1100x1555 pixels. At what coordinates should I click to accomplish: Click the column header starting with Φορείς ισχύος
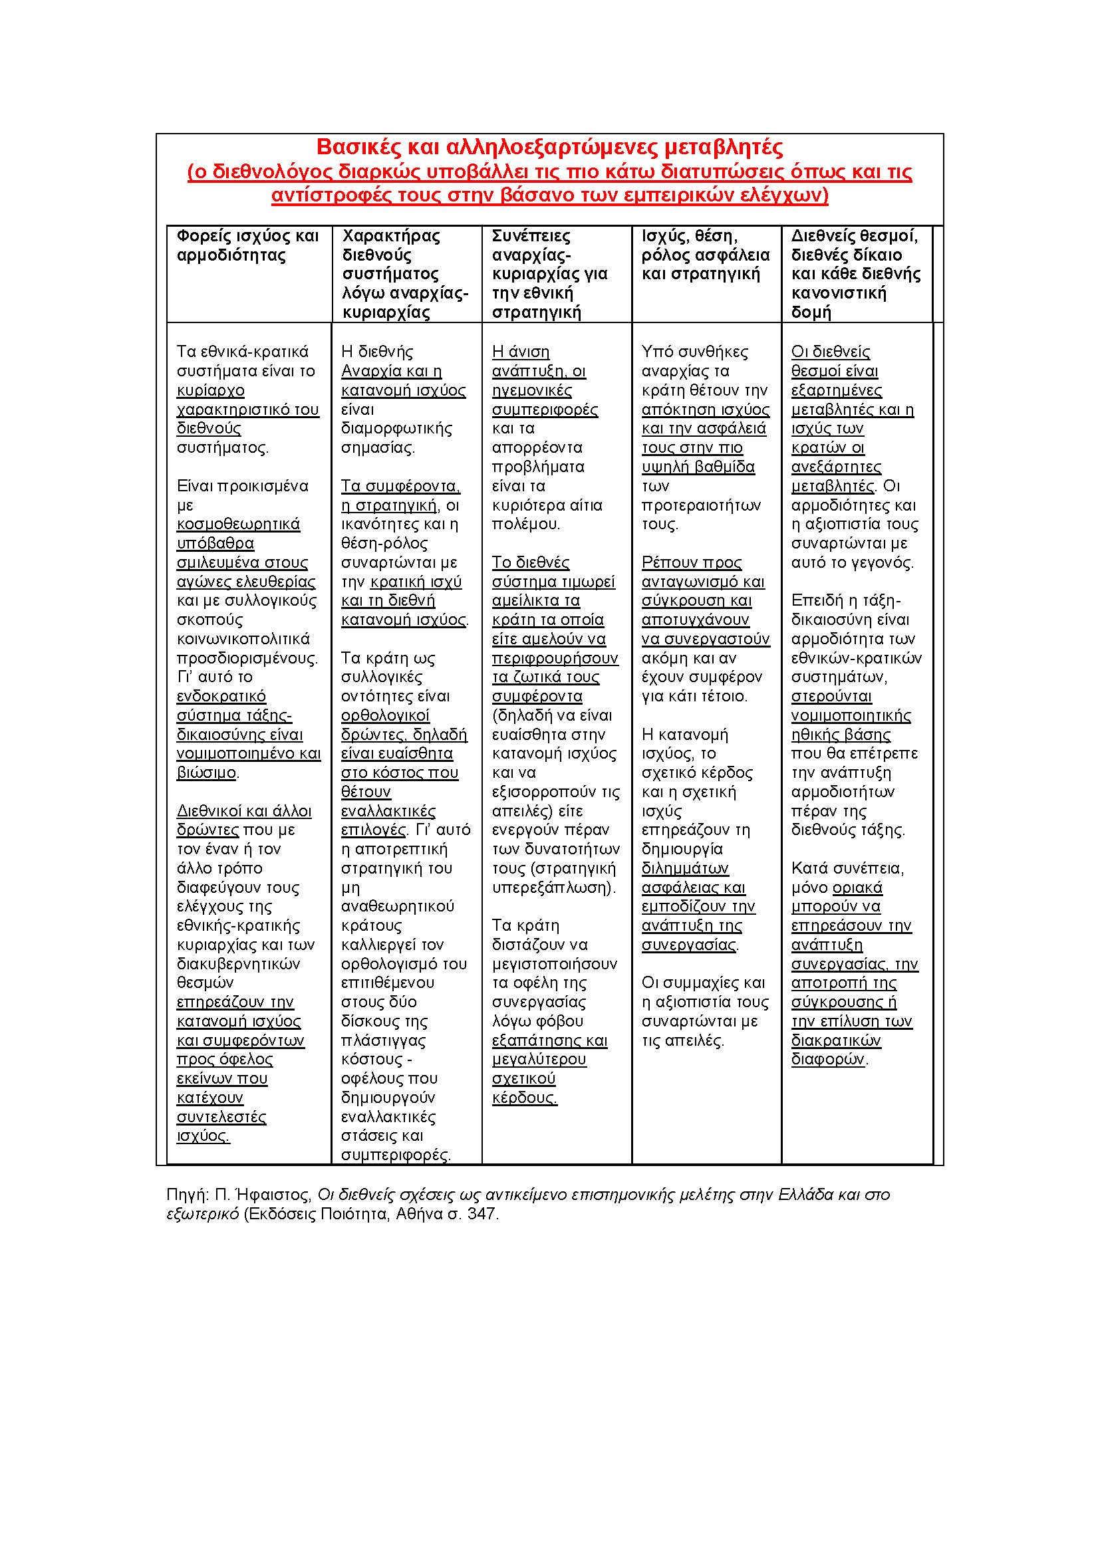(247, 245)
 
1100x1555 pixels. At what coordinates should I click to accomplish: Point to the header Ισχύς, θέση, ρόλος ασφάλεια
(705, 255)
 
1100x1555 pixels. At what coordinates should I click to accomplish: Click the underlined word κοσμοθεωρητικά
(239, 524)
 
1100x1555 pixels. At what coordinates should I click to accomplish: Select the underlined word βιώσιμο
(206, 773)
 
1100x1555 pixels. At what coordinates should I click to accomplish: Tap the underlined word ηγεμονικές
(532, 391)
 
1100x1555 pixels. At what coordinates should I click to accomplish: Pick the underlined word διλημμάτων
(685, 868)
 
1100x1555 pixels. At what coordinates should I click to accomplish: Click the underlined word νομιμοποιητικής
(851, 715)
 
